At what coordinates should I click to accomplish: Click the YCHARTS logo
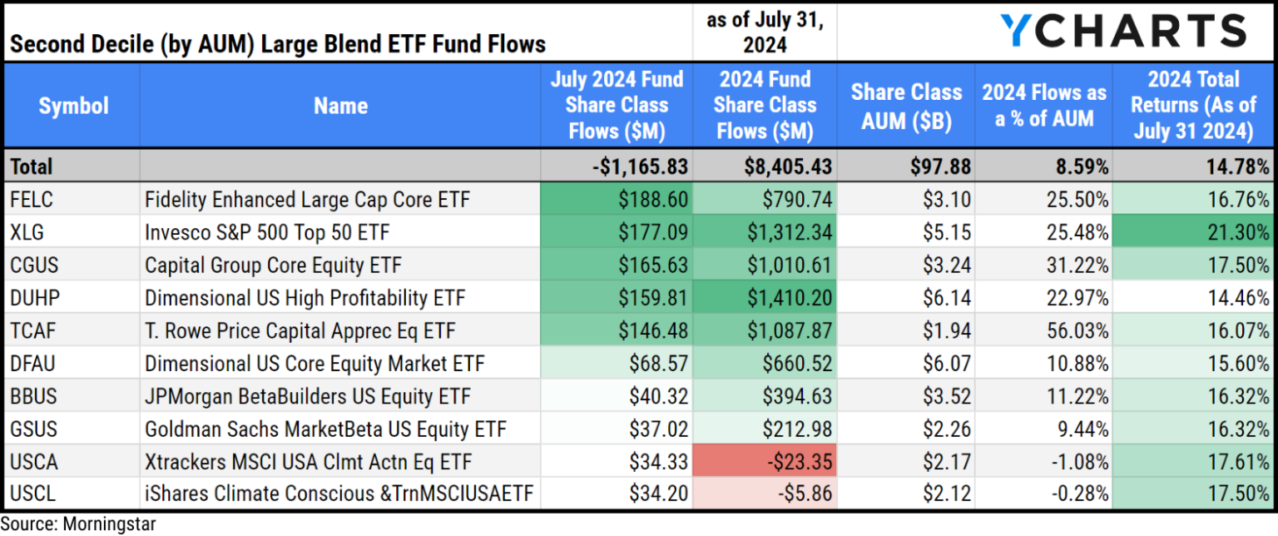(1122, 32)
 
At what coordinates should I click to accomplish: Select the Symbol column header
(73, 106)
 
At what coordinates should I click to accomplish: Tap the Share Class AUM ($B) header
(906, 106)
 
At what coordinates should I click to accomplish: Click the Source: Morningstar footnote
(77, 524)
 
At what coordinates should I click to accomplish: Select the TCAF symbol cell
(30, 330)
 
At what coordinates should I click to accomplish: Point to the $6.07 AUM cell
(945, 363)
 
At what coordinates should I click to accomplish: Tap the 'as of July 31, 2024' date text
(765, 31)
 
